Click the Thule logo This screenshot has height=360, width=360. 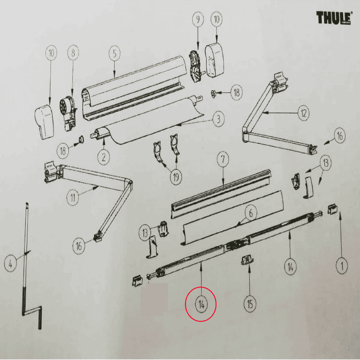point(334,18)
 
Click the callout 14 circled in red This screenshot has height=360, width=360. point(201,305)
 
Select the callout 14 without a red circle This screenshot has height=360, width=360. point(290,267)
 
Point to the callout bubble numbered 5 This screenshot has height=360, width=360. point(114,54)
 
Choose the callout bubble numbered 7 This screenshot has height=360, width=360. point(223,159)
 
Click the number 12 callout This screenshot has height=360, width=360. point(303,113)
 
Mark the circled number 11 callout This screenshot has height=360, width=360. point(72,197)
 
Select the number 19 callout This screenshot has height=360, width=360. point(175,177)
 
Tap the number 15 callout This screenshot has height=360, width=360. point(250,305)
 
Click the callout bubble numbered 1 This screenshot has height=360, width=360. point(342,266)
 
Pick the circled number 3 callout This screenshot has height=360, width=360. point(218,119)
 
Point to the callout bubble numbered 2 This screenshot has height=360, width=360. point(103,157)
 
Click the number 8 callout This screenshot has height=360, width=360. point(73,53)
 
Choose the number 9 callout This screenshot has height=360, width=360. point(198,19)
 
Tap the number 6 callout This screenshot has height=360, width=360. point(251,213)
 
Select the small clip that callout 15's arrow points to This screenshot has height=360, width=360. point(247,261)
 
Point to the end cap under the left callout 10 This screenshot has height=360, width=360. point(44,122)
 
